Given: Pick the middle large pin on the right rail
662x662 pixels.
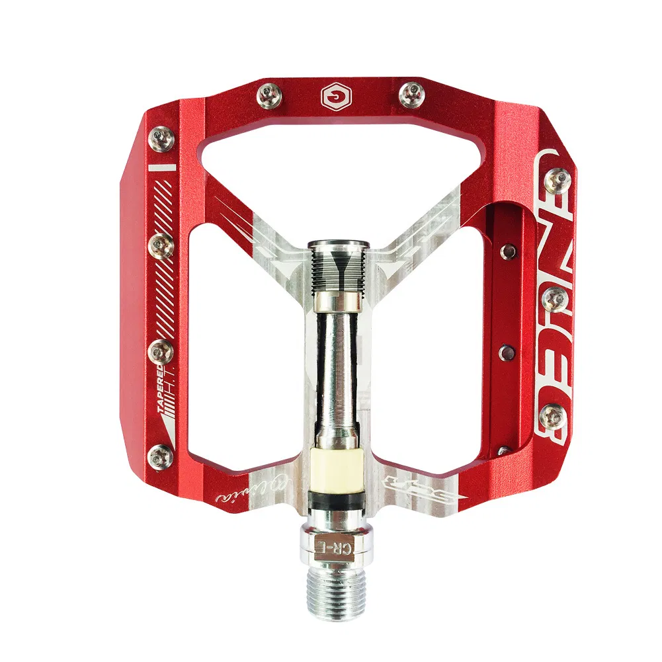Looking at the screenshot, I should (554, 300).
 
